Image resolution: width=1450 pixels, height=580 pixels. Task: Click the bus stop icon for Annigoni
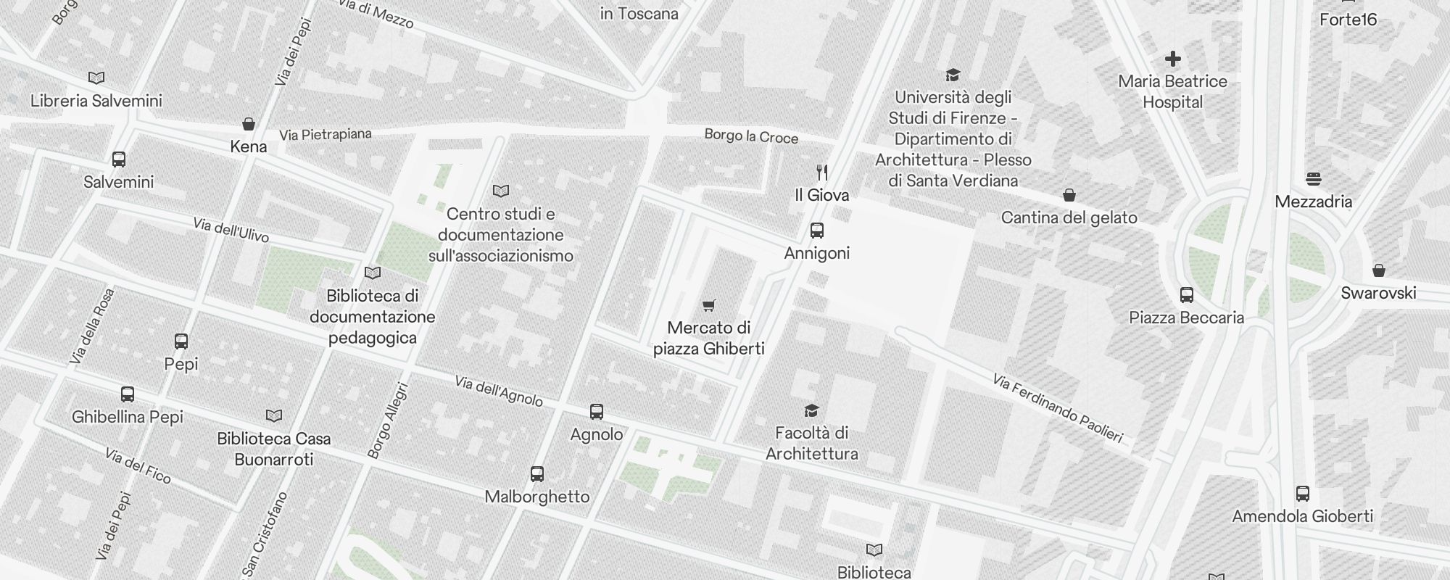point(817,231)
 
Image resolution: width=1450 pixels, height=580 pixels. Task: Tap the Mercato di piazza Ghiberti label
point(709,339)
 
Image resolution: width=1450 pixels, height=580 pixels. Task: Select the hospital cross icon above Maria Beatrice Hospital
point(1172,59)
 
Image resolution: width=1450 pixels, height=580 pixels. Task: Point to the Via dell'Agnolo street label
point(499,391)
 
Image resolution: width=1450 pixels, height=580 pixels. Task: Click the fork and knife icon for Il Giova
point(821,173)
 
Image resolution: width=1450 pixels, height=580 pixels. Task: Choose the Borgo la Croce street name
point(751,136)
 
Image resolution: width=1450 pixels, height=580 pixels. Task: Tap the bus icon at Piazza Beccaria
point(1187,295)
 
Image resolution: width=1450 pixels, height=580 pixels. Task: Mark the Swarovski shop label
point(1378,293)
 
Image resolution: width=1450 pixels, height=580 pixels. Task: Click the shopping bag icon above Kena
point(249,124)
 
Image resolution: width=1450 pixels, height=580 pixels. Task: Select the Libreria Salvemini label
point(96,101)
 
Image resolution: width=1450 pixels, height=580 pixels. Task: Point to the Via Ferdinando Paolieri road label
point(1057,408)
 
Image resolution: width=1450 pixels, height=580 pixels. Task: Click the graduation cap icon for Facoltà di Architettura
point(811,411)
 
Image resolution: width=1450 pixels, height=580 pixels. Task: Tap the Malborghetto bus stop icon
point(537,474)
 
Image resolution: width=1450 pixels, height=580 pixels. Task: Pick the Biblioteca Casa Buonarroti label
point(274,449)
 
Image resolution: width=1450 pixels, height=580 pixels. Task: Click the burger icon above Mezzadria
point(1313,178)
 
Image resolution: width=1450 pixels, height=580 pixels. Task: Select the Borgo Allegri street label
point(389,420)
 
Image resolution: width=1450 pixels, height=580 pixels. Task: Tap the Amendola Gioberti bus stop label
point(1302,516)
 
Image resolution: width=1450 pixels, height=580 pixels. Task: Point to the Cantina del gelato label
point(1069,217)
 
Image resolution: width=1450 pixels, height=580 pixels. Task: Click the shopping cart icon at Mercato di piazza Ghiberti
point(709,305)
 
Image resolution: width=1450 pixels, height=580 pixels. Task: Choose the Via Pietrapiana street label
point(326,134)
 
